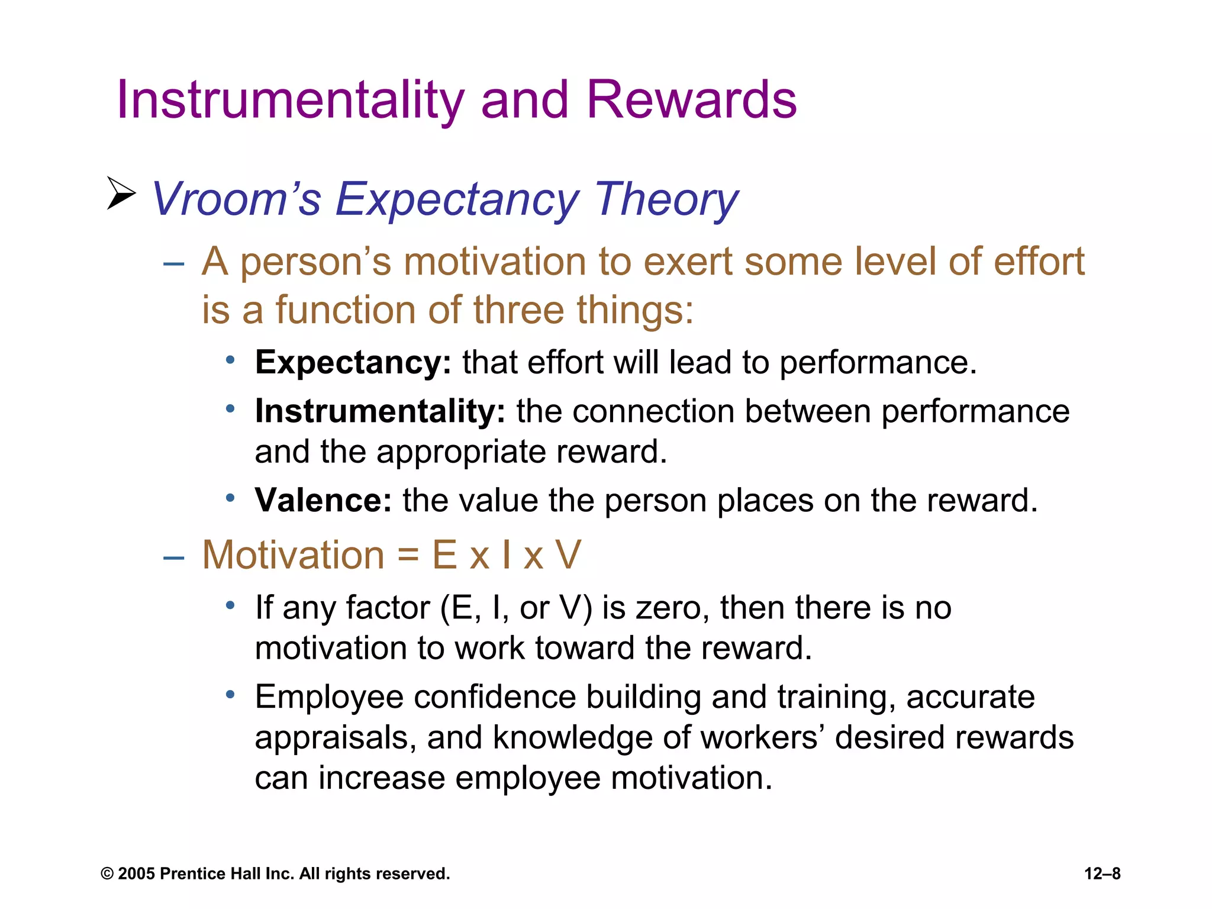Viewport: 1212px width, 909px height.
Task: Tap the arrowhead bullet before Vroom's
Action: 121,193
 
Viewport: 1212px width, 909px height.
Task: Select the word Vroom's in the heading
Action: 236,200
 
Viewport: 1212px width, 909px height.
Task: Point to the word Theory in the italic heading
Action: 666,200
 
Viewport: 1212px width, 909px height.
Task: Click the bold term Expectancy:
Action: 353,363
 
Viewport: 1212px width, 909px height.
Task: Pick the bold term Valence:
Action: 323,501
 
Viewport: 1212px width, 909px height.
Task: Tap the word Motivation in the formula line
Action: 294,555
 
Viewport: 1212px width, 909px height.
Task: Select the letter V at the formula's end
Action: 568,555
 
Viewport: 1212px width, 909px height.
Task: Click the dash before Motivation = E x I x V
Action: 173,557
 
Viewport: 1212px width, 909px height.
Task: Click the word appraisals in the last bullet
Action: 335,739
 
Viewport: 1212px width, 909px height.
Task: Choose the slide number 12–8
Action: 1102,873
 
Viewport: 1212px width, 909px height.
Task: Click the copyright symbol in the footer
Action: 107,874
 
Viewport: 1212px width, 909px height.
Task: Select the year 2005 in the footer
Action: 136,873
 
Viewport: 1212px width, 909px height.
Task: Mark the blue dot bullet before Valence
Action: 230,498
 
